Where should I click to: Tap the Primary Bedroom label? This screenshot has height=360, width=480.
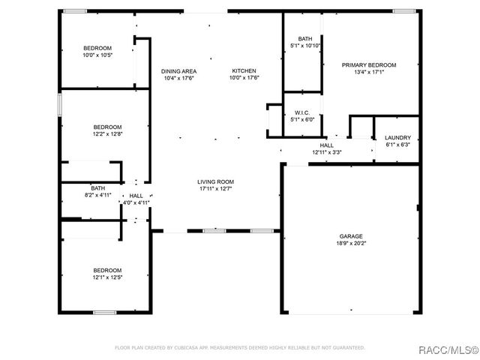click(x=369, y=65)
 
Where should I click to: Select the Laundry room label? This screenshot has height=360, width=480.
click(x=397, y=138)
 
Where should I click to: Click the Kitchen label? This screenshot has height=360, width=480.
click(x=244, y=71)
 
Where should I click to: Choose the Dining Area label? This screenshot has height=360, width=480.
click(x=178, y=71)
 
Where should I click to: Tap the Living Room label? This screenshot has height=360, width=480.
click(x=216, y=181)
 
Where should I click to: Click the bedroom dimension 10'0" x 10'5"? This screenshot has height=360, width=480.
click(x=97, y=55)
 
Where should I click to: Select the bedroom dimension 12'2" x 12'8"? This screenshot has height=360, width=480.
click(x=107, y=134)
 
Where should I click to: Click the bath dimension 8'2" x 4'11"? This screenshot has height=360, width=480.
click(x=98, y=195)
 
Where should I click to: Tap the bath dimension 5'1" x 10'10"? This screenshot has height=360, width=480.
click(x=305, y=46)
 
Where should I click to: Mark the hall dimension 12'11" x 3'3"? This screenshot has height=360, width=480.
click(x=326, y=152)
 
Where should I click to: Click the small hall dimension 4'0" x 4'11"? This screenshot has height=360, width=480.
click(x=136, y=202)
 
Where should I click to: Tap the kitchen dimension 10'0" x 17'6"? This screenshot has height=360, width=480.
click(x=244, y=78)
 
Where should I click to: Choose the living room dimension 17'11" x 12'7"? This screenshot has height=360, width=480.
click(x=216, y=188)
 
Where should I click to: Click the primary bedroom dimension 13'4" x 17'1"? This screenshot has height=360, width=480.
click(x=369, y=72)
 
